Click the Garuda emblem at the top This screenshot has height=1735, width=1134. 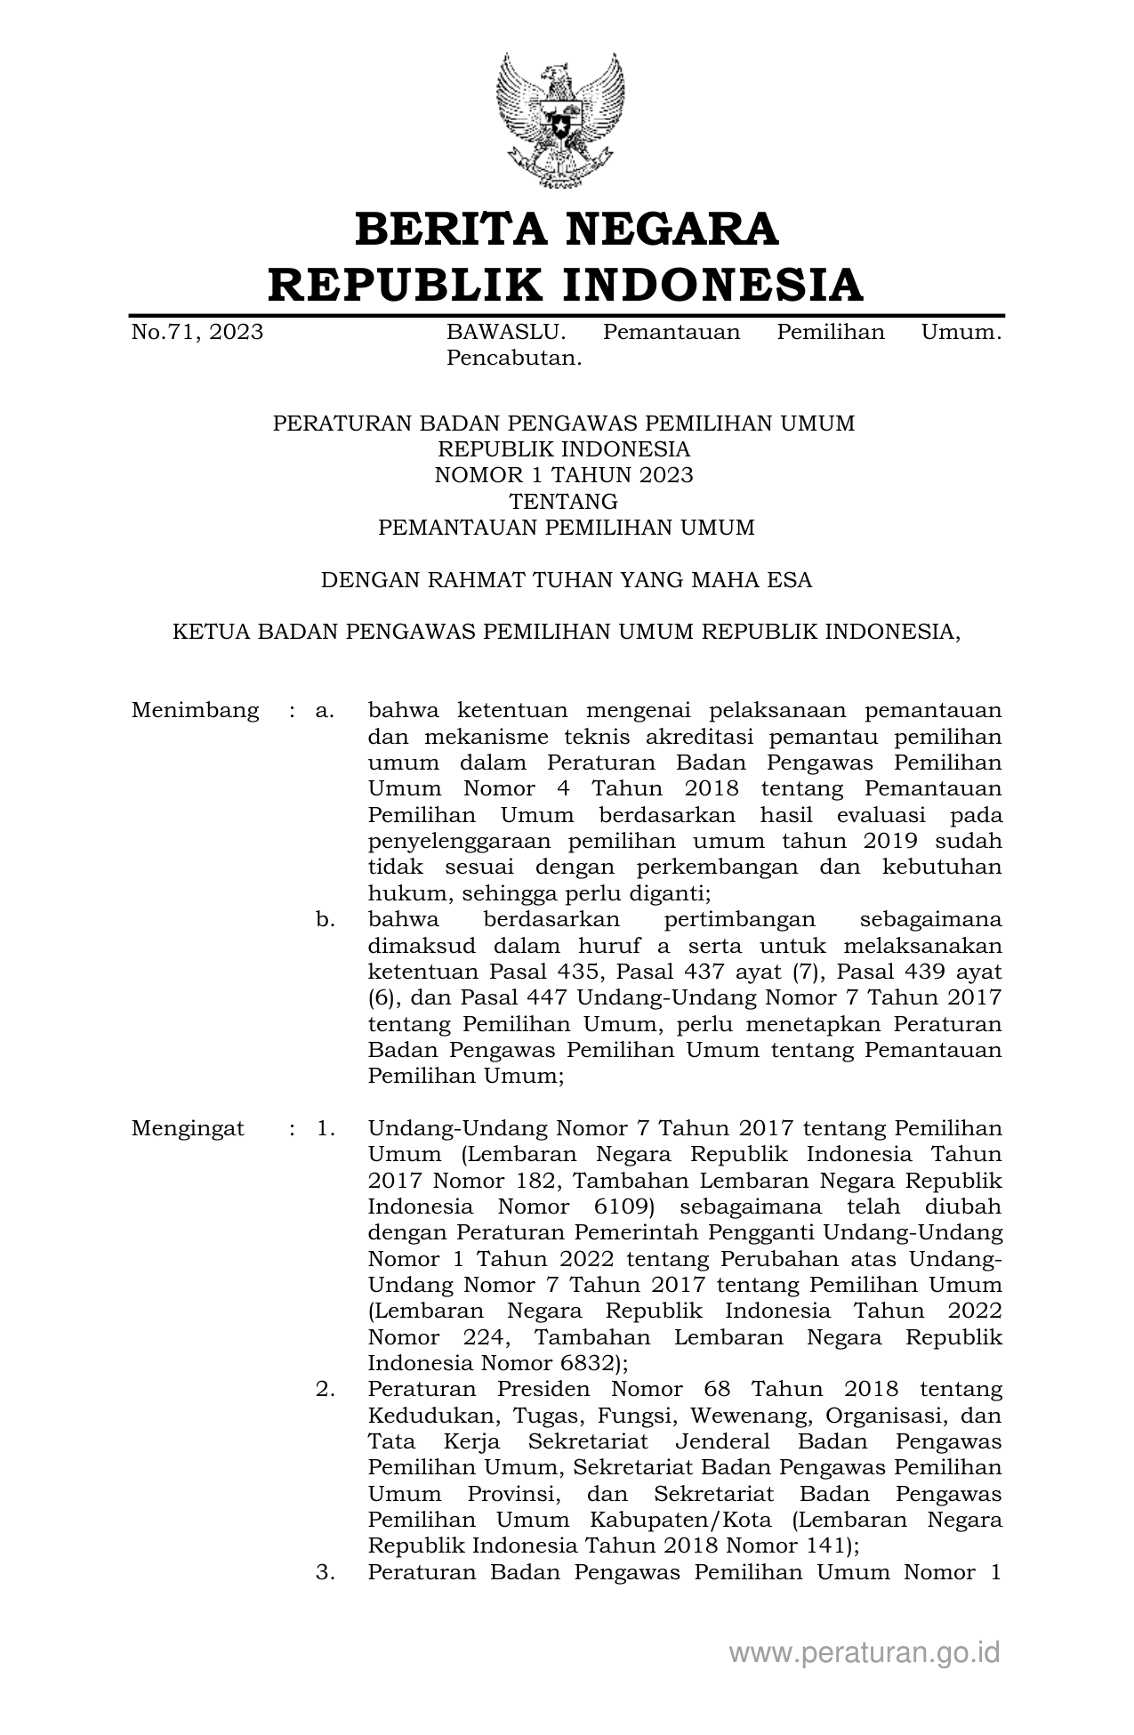click(x=559, y=120)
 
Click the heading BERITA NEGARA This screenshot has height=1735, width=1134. click(x=567, y=230)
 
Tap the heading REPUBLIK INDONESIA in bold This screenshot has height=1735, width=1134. click(x=567, y=285)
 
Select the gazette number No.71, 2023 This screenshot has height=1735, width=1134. click(x=197, y=333)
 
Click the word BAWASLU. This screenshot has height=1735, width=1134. click(x=505, y=333)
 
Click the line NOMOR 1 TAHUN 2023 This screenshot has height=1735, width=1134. click(x=564, y=475)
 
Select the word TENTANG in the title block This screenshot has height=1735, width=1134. click(x=564, y=502)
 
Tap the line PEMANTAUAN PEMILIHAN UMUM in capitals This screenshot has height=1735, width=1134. click(x=567, y=528)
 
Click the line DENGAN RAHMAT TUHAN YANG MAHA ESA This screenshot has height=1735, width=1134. click(x=567, y=581)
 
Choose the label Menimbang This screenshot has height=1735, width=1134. click(x=196, y=711)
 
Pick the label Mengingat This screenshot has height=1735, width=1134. click(x=188, y=1129)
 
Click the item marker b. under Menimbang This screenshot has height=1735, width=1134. click(x=325, y=919)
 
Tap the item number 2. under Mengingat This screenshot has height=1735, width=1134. click(x=325, y=1389)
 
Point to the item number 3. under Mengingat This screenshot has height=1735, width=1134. click(x=325, y=1572)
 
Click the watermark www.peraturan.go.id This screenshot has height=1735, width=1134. click(x=865, y=1653)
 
